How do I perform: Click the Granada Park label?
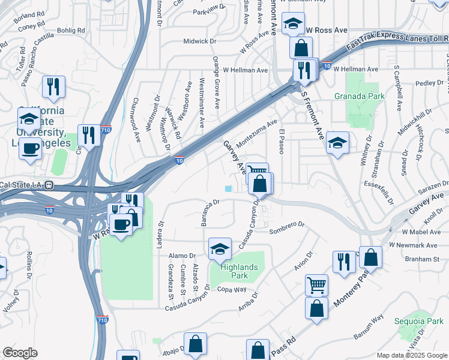[x=358, y=95]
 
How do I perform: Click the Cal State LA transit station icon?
[x=51, y=184]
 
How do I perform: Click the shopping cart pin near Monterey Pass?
[x=316, y=285]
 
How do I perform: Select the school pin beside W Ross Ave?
[x=293, y=24]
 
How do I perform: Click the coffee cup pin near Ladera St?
[x=121, y=224]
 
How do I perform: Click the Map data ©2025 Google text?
[x=411, y=355]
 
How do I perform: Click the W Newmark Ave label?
[x=413, y=245]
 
